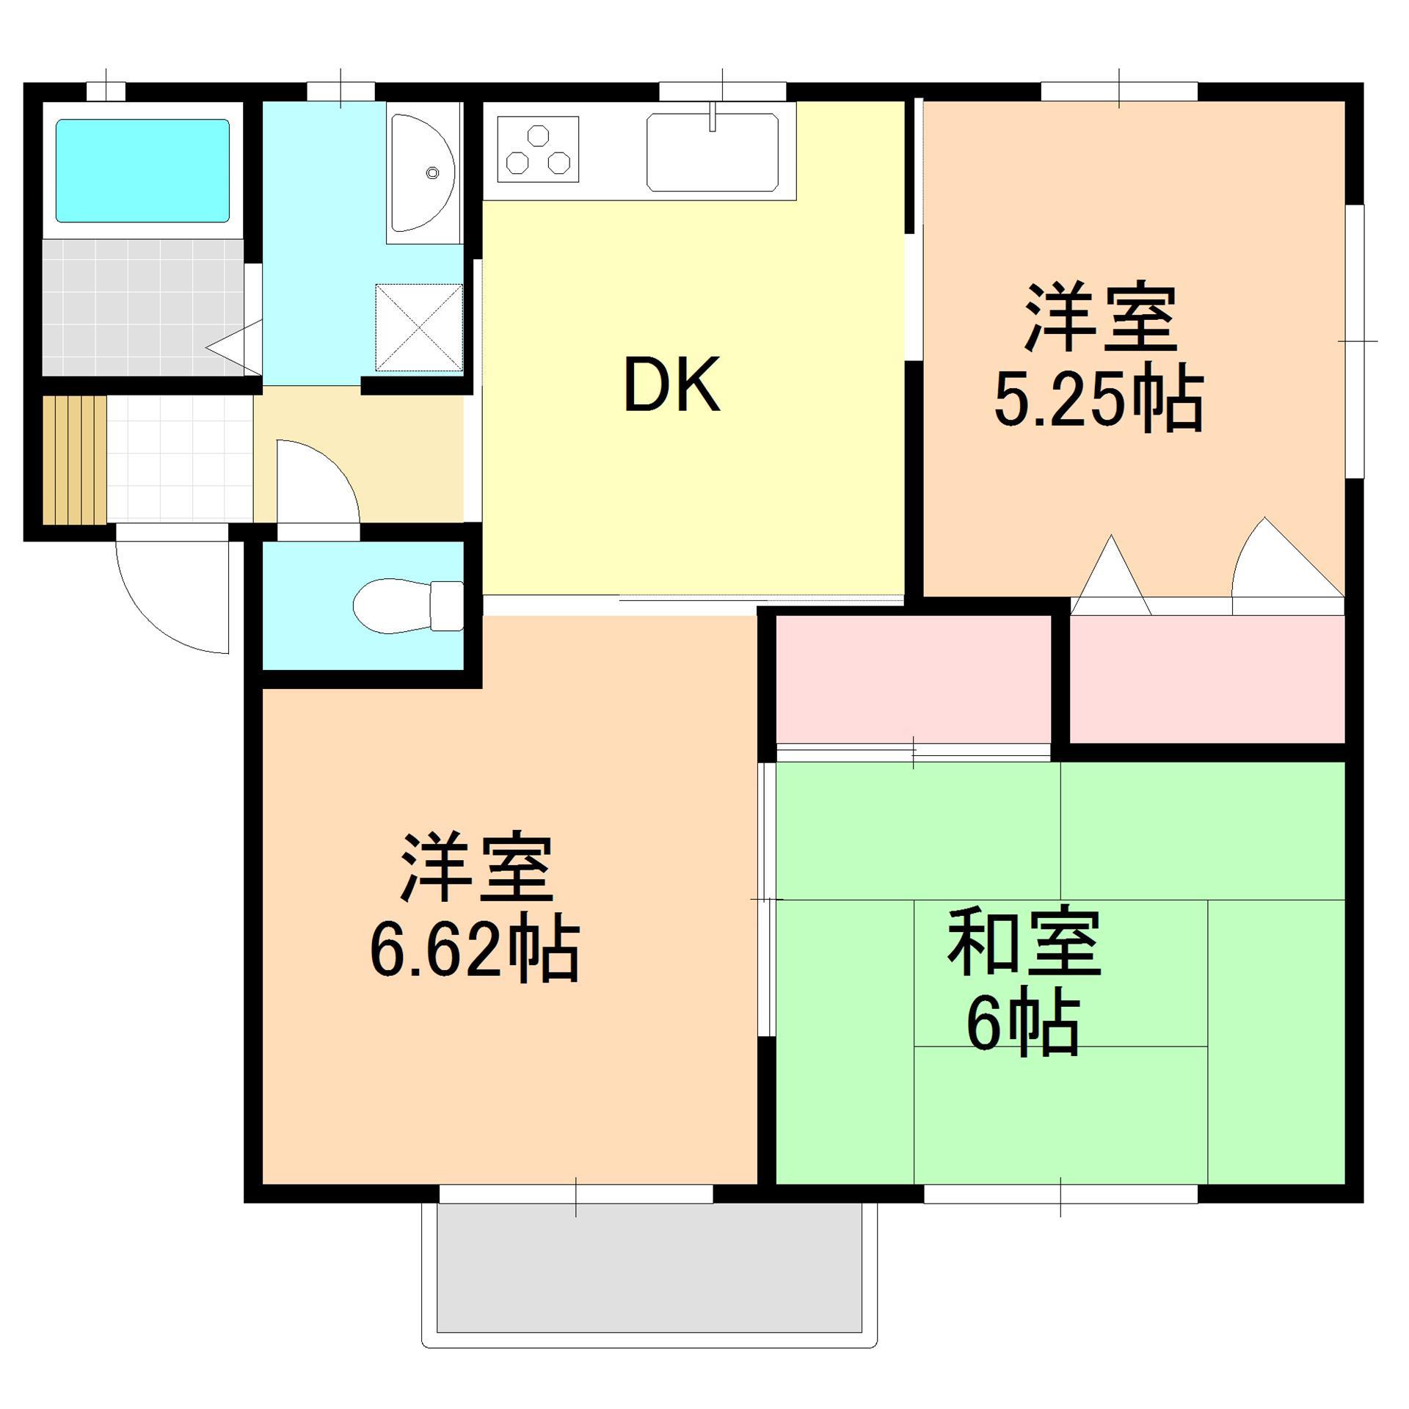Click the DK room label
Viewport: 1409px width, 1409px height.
pos(671,385)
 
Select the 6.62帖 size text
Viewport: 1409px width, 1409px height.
pos(474,953)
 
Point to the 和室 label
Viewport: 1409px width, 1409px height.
pos(1024,944)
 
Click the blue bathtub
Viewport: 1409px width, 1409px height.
pos(143,170)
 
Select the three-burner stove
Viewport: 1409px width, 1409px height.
pos(538,149)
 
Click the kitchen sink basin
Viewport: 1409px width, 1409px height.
pos(712,152)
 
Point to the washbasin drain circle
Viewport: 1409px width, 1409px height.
pos(432,173)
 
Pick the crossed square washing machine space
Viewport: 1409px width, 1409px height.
pos(419,327)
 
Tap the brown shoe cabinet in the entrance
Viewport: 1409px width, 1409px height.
pos(74,460)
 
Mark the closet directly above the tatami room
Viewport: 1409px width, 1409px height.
pos(913,679)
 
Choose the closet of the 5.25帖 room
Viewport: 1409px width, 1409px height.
pos(1206,679)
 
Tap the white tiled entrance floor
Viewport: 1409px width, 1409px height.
pos(180,460)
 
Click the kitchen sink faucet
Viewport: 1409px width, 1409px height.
pos(712,117)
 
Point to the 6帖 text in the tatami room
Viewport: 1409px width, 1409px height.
pos(1024,1025)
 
